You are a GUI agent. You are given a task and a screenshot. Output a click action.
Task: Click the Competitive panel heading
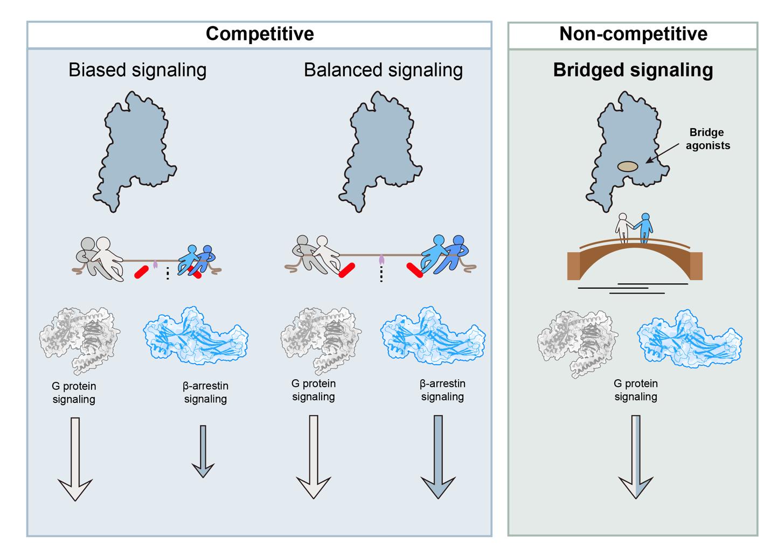point(260,34)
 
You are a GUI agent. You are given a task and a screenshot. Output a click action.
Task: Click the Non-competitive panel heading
point(633,34)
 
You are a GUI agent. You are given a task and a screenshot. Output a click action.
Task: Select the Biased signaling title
point(137,70)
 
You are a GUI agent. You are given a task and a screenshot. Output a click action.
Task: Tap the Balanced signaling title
point(383,70)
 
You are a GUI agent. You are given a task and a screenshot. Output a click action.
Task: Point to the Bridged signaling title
point(633,70)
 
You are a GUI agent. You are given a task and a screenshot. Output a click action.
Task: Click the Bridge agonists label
point(707,138)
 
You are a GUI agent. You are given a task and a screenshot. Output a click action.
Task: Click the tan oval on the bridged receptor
point(628,167)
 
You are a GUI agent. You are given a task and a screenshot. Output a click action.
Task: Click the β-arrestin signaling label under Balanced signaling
point(442,391)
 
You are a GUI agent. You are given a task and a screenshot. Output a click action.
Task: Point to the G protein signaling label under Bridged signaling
point(636,391)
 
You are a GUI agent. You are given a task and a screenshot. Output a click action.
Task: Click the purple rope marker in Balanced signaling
point(382,260)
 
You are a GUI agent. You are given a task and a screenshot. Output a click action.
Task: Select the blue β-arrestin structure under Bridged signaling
point(689,338)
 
